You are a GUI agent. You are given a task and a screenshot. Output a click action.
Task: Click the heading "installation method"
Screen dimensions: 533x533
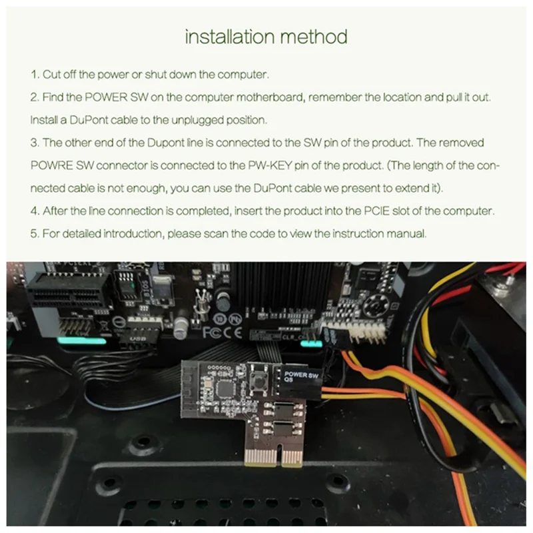point(266,36)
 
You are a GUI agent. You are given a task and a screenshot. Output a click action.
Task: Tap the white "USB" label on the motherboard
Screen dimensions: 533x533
point(139,338)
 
